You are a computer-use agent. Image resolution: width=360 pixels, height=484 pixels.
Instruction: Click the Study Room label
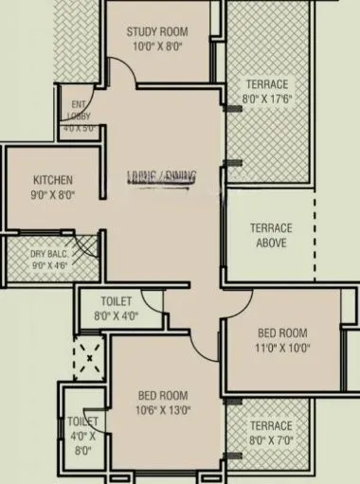point(159,31)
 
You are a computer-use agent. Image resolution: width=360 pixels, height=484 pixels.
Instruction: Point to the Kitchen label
point(53,181)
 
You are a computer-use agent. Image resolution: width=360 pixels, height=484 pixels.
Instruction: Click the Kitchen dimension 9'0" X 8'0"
point(53,195)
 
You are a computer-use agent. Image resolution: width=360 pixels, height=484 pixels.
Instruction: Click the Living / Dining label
point(161,175)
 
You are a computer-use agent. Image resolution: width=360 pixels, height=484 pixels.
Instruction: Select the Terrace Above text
point(271,235)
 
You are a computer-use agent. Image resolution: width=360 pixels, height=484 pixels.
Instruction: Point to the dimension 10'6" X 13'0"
point(161,410)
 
